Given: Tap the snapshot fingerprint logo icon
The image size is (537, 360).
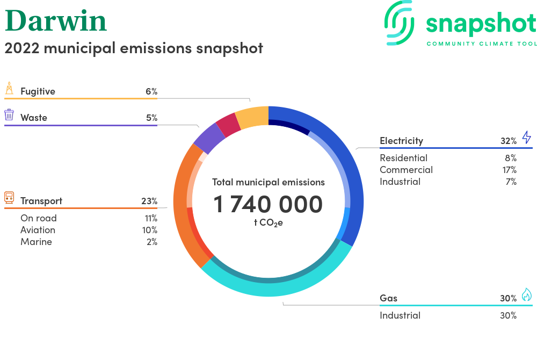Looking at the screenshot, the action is tap(400, 23).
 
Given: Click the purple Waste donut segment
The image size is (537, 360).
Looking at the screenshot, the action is tap(209, 138).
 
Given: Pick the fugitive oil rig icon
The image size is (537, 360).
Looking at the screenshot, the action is tap(9, 88).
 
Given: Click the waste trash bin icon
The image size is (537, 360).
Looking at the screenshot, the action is tap(9, 115).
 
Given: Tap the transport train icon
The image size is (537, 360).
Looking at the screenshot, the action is tap(9, 198).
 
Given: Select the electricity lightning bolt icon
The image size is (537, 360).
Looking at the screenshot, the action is tap(527, 137).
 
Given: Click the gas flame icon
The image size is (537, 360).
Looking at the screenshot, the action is tap(527, 294).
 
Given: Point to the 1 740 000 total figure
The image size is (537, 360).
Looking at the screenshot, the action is tap(268, 204).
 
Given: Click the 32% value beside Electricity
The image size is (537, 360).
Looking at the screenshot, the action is tap(509, 141).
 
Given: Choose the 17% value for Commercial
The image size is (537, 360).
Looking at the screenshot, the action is tap(509, 170).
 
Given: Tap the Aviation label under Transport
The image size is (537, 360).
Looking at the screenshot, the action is tap(38, 230).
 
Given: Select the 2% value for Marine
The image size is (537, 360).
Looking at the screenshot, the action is tap(152, 242).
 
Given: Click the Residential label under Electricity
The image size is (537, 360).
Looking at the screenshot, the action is tap(403, 158).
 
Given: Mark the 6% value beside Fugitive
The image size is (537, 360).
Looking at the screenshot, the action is tap(151, 91).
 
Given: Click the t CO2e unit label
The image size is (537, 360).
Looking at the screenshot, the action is tap(268, 223).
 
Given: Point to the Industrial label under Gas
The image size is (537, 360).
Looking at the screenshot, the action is tap(400, 315).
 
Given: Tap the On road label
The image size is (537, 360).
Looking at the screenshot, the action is tap(39, 218).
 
